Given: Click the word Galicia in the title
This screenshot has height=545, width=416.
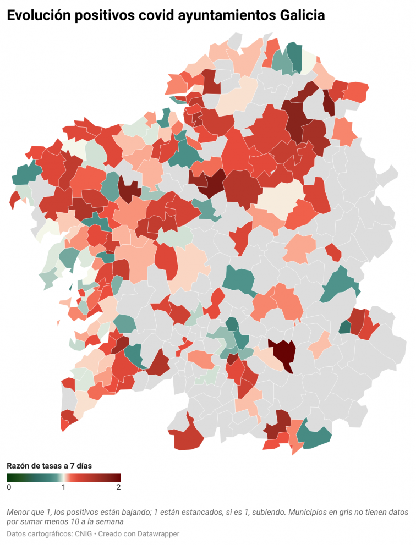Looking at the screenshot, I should pos(299,16).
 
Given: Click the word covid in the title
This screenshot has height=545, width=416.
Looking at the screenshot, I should pos(150,16).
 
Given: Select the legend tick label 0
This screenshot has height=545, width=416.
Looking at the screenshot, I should pos(9,487).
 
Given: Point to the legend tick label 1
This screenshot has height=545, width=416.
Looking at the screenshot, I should pos(64,487).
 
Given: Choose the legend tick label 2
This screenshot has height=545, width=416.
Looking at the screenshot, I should pos(118,487).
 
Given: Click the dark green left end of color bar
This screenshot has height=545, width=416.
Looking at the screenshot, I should pos(9,477).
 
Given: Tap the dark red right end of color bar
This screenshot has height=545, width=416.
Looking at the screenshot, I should pos(118,477).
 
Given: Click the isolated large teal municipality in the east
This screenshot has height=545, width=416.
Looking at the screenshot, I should pos(340,283).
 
